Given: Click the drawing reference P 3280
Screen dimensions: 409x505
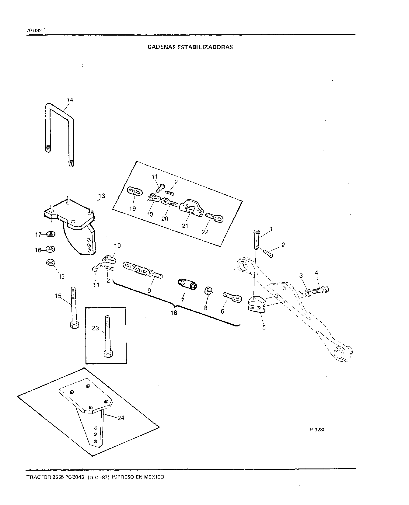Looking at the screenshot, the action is pos(317,430).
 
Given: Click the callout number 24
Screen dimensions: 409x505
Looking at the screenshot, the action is pos(121,418).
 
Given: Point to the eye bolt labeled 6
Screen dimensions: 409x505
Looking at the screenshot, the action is pos(232,297).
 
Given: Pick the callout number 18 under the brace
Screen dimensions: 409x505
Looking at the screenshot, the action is pos(174,313).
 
